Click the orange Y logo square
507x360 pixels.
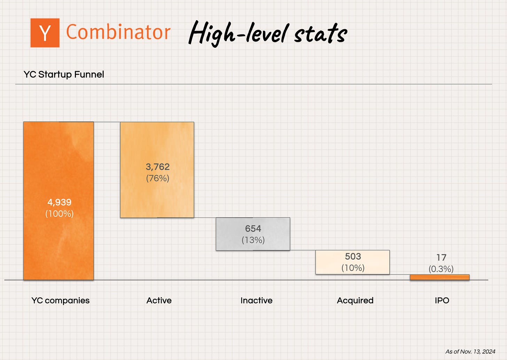coord(45,33)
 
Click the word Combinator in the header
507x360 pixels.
coord(118,32)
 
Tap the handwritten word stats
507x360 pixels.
coord(320,34)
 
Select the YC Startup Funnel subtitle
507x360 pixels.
coord(64,75)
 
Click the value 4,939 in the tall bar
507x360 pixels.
coord(59,202)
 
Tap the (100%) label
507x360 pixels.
coord(59,214)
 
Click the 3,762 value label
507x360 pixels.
coord(157,167)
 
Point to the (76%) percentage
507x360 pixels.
coord(157,178)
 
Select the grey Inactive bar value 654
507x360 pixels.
coord(253,229)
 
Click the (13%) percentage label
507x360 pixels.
coord(253,240)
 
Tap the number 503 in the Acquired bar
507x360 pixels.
coord(353,256)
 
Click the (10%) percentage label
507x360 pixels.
coord(353,268)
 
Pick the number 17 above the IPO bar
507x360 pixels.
coord(441,258)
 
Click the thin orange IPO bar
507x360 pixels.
coord(439,277)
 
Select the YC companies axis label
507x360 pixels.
coord(60,300)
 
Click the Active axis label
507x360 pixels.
coord(159,300)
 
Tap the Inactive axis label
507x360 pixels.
coord(256,300)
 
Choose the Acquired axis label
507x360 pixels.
coord(355,300)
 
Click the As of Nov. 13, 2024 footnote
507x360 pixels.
coord(470,352)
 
